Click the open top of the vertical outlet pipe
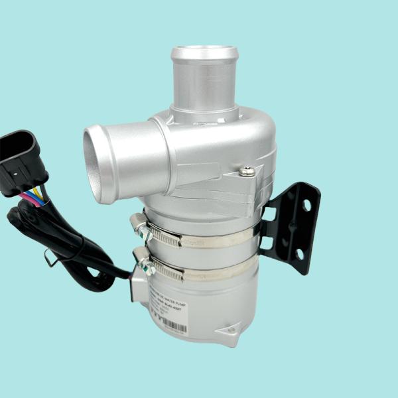(204, 52)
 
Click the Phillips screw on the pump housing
(247, 172)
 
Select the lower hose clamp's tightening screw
(144, 267)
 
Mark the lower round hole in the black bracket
(299, 254)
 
